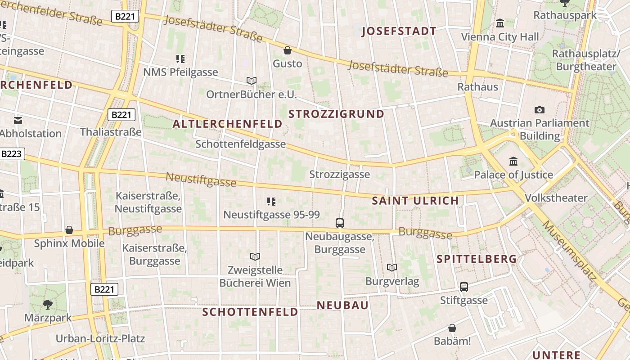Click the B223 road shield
pyautogui.click(x=11, y=154)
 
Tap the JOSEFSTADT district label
pyautogui.click(x=399, y=31)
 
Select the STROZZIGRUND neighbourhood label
pyautogui.click(x=336, y=114)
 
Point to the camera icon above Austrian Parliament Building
pyautogui.click(x=539, y=110)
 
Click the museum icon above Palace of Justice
pyautogui.click(x=513, y=161)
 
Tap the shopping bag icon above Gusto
pyautogui.click(x=287, y=50)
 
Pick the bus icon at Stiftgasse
pyautogui.click(x=463, y=287)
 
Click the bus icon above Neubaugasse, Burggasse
pyautogui.click(x=340, y=223)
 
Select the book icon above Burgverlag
pyautogui.click(x=392, y=268)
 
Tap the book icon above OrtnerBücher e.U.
pyautogui.click(x=251, y=81)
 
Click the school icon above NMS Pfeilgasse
pyautogui.click(x=180, y=58)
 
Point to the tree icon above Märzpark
pyautogui.click(x=47, y=305)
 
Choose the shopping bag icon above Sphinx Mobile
pyautogui.click(x=69, y=230)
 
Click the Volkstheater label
pyautogui.click(x=556, y=198)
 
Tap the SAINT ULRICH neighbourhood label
pyautogui.click(x=415, y=201)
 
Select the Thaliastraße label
pyautogui.click(x=111, y=132)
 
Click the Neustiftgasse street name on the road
pyautogui.click(x=201, y=179)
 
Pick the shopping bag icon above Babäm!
pyautogui.click(x=452, y=328)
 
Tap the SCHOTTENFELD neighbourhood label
pyautogui.click(x=250, y=312)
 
